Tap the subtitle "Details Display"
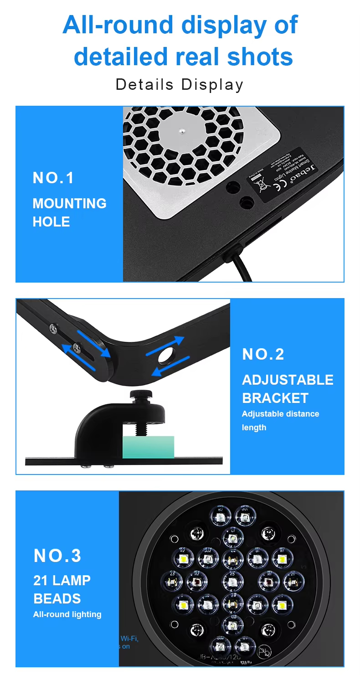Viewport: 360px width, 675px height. (180, 84)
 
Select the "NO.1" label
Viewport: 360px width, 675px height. (53, 178)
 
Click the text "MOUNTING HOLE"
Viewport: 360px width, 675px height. (69, 212)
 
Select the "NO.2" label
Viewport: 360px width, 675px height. (263, 354)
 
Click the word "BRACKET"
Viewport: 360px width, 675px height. (275, 398)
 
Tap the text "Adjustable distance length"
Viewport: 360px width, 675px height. (280, 420)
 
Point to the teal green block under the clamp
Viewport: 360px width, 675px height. (148, 447)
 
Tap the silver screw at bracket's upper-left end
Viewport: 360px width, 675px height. (54, 328)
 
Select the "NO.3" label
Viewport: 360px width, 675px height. (57, 556)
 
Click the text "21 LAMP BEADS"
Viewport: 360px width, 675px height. (62, 589)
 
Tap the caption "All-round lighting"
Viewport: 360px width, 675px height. (67, 614)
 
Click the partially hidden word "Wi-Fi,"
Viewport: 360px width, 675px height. (129, 639)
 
